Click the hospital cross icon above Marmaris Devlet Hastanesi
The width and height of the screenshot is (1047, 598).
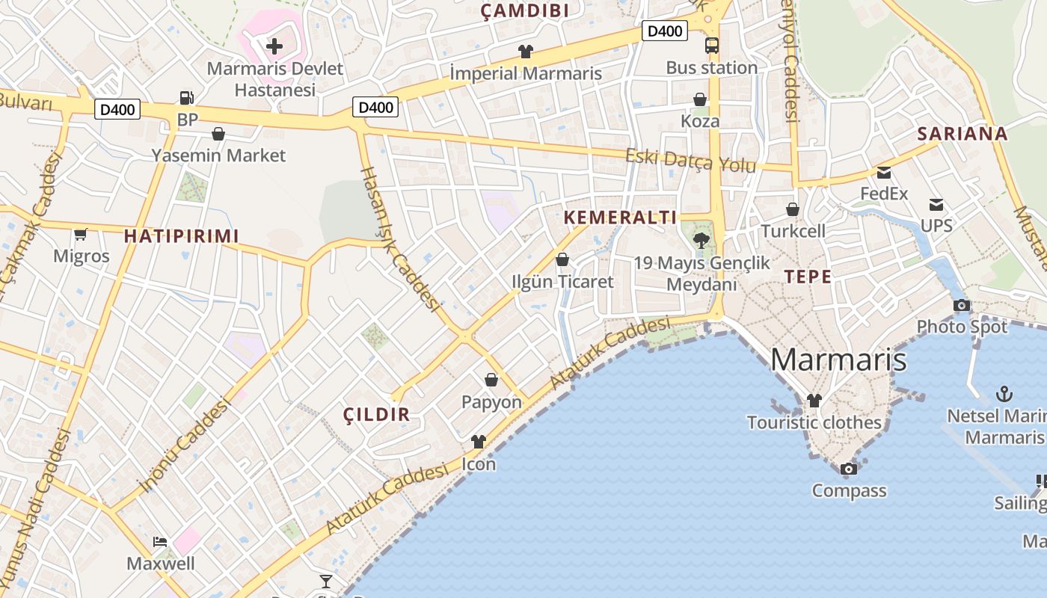point(274,46)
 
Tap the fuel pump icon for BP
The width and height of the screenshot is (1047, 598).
point(186,97)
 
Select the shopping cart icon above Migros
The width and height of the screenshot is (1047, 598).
point(81,234)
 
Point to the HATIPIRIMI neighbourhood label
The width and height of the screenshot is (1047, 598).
point(182,236)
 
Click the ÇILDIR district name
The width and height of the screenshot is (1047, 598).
point(376,414)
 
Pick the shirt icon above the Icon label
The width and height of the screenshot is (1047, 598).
point(479,442)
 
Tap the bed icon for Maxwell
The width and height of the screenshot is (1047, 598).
point(160,541)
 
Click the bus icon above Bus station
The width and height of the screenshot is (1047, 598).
point(711,46)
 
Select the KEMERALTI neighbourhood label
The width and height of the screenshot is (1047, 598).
point(620,218)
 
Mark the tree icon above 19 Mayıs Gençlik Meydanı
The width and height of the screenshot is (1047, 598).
point(701,241)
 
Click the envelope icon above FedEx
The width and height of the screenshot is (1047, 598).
point(884,173)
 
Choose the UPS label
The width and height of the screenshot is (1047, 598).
point(936,225)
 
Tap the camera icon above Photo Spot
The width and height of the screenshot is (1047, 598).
point(962,305)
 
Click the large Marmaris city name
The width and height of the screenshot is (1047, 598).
point(838,360)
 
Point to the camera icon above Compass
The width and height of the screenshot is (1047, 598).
point(849,469)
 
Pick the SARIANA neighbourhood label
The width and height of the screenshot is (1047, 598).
point(962,134)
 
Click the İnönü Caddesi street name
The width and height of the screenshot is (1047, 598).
point(185,446)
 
